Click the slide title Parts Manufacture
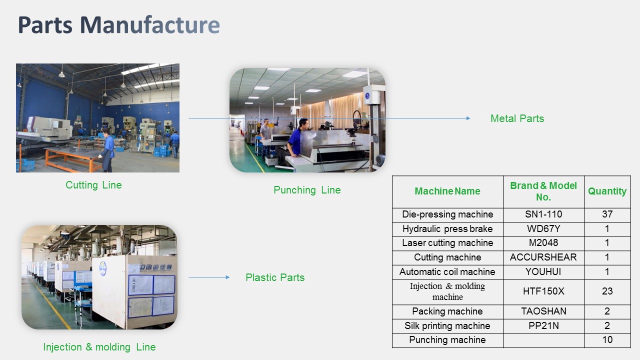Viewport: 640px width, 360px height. pyautogui.click(x=119, y=25)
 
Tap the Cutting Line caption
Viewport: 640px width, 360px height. pyautogui.click(x=93, y=185)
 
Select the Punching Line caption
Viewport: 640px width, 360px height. pyautogui.click(x=307, y=190)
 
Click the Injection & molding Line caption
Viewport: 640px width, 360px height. pyautogui.click(x=99, y=347)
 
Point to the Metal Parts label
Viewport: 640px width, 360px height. pyautogui.click(x=517, y=118)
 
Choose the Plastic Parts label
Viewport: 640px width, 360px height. pyautogui.click(x=275, y=277)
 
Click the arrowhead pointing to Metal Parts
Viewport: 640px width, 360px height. pyautogui.click(x=468, y=118)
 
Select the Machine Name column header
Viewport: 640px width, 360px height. pyautogui.click(x=447, y=191)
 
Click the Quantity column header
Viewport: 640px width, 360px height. pyautogui.click(x=607, y=191)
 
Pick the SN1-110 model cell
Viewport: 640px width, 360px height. pyautogui.click(x=543, y=214)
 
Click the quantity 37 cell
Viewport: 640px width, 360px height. pyautogui.click(x=607, y=214)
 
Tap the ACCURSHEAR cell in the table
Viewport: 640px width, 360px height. pyautogui.click(x=543, y=257)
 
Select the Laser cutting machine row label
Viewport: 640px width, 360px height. pyautogui.click(x=447, y=243)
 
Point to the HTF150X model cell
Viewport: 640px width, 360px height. pyautogui.click(x=543, y=291)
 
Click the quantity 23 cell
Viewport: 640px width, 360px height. pyautogui.click(x=607, y=291)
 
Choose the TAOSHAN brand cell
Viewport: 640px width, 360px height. pyautogui.click(x=543, y=311)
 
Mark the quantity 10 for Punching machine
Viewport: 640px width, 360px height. pyautogui.click(x=607, y=340)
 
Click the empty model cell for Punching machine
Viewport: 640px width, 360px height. pyautogui.click(x=543, y=340)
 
